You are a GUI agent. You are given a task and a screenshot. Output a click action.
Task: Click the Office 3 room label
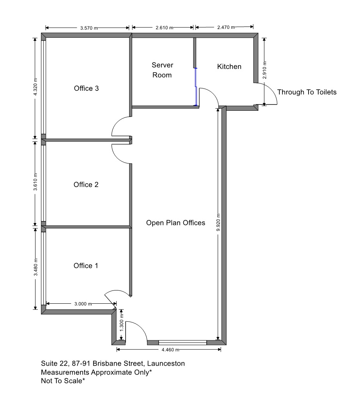pos(86,89)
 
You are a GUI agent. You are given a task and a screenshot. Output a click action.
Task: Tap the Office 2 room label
pos(86,185)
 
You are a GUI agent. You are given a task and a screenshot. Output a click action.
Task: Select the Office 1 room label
pos(86,266)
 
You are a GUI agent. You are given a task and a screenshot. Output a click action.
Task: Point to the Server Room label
pos(162,70)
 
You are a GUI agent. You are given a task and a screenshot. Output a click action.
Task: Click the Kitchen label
pos(229,67)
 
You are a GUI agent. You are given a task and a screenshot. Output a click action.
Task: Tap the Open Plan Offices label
pos(176,223)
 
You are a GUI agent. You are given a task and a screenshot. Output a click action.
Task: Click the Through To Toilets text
pos(307,92)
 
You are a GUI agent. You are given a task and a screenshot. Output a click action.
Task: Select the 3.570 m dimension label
pos(89,28)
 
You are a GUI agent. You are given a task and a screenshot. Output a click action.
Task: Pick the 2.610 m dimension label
pos(164,28)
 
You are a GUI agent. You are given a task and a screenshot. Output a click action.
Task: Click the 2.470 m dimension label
pos(226,27)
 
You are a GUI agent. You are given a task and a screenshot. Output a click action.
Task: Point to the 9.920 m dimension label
pos(218,222)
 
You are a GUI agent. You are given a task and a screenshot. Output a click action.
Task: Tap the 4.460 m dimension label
pos(170,350)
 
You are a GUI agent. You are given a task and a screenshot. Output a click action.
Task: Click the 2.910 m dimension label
pos(264,70)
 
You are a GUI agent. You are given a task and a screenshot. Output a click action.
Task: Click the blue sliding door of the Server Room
pos(196,87)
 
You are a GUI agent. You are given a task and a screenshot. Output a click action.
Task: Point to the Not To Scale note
pos(63,381)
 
